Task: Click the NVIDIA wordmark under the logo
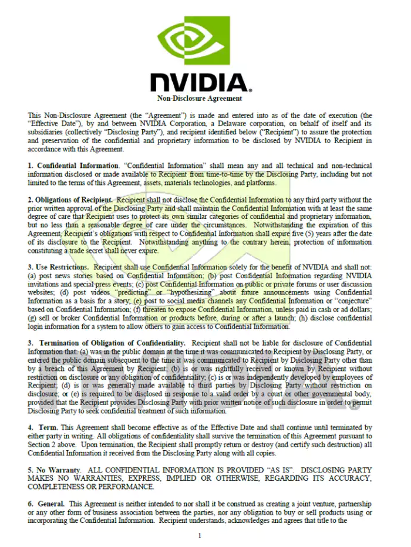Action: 199,83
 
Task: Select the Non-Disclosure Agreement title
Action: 200,98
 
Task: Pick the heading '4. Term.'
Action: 43,428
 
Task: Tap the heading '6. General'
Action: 46,504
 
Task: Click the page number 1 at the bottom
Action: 200,535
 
